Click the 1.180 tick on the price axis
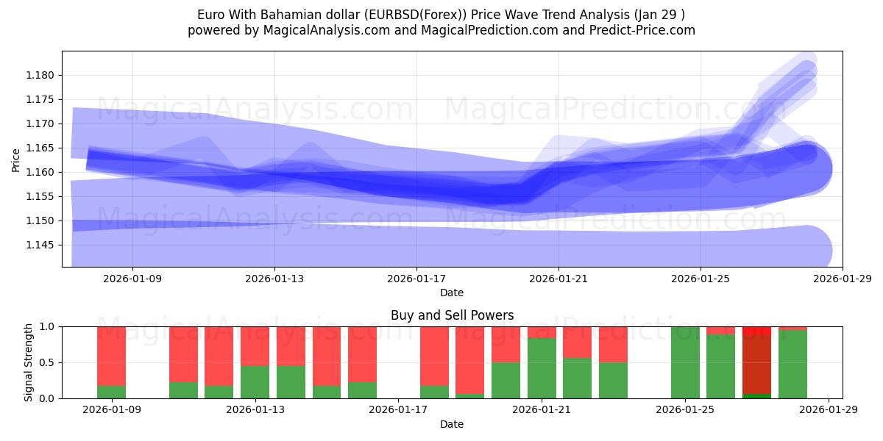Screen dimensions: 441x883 [x=41, y=75]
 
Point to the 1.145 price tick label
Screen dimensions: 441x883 [x=41, y=245]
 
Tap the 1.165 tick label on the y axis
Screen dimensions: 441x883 [x=41, y=148]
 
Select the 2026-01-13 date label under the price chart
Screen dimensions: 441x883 [x=274, y=279]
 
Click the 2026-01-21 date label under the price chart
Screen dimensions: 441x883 [x=558, y=279]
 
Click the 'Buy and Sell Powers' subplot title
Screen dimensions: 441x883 [x=452, y=315]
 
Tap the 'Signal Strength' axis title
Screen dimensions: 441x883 [x=29, y=362]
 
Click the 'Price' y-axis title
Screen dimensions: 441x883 [x=16, y=159]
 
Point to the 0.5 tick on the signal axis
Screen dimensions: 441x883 [x=47, y=362]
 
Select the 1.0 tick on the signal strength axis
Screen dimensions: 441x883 [x=47, y=326]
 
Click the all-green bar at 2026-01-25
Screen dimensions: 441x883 [x=685, y=362]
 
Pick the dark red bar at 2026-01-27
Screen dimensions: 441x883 [x=756, y=365]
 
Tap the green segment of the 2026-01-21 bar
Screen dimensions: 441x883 [x=542, y=368]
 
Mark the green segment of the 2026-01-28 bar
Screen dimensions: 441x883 [x=792, y=365]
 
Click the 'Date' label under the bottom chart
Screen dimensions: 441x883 [x=452, y=424]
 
